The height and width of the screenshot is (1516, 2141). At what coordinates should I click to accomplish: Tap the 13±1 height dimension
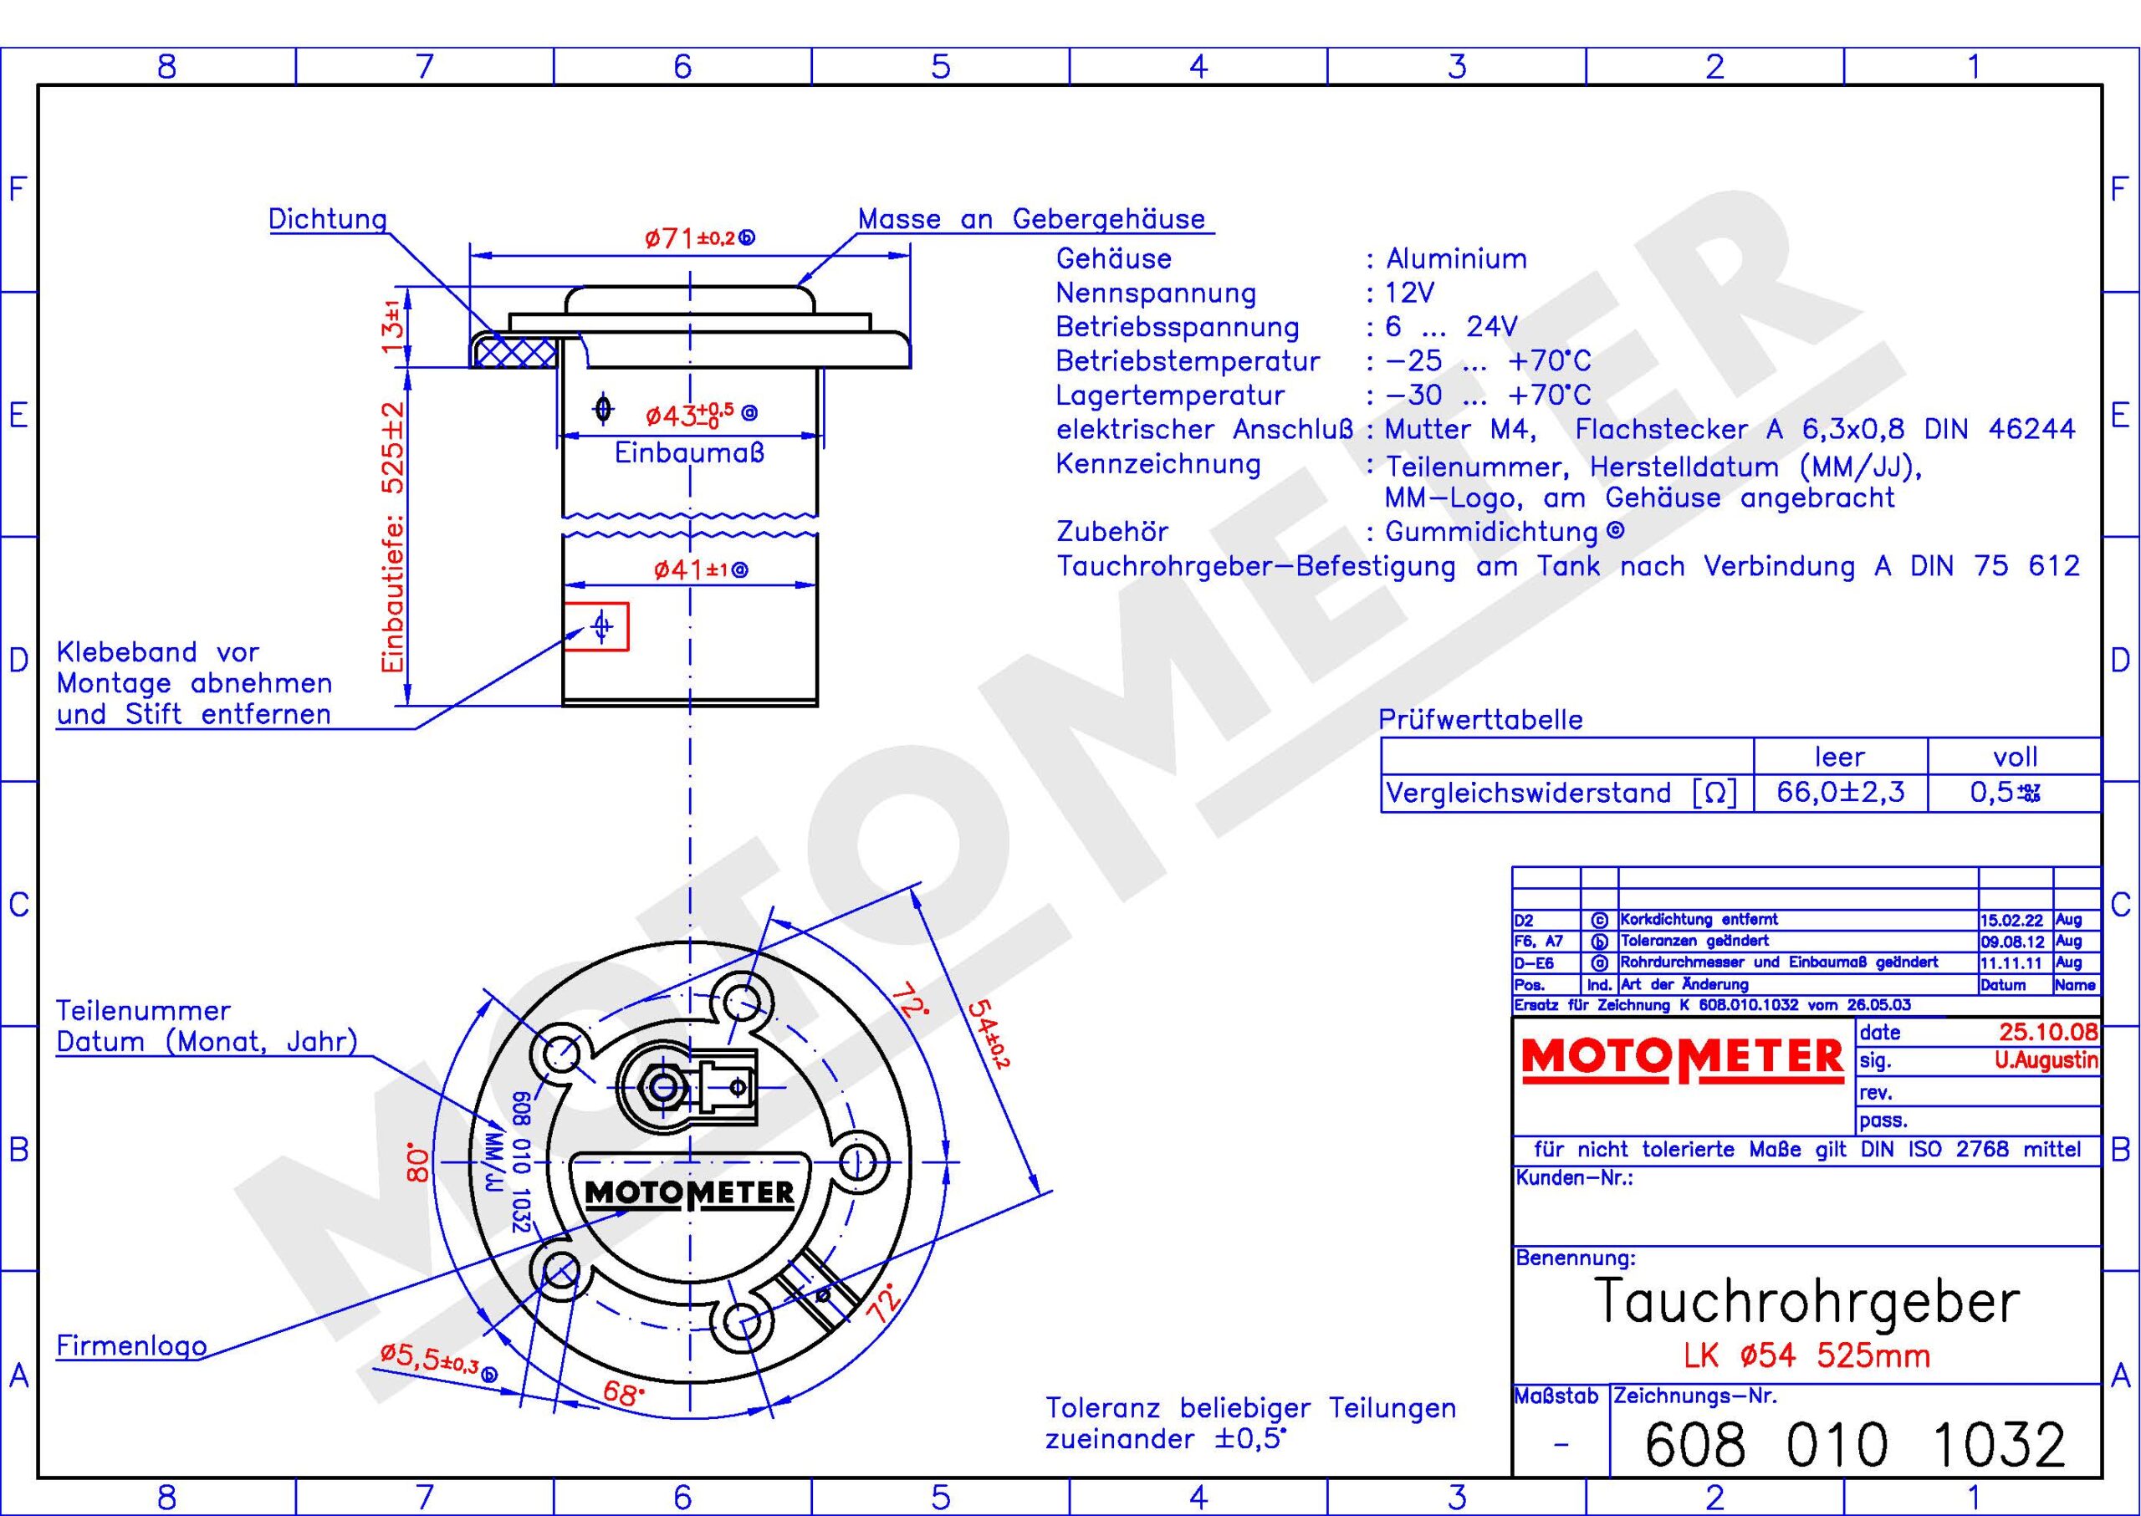393,327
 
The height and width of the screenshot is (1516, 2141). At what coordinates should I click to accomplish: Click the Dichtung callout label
328,219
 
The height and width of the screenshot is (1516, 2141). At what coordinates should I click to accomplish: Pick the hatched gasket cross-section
514,352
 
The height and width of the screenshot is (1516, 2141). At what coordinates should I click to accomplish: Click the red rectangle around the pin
596,625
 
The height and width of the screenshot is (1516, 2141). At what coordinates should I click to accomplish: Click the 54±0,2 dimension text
988,1034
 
